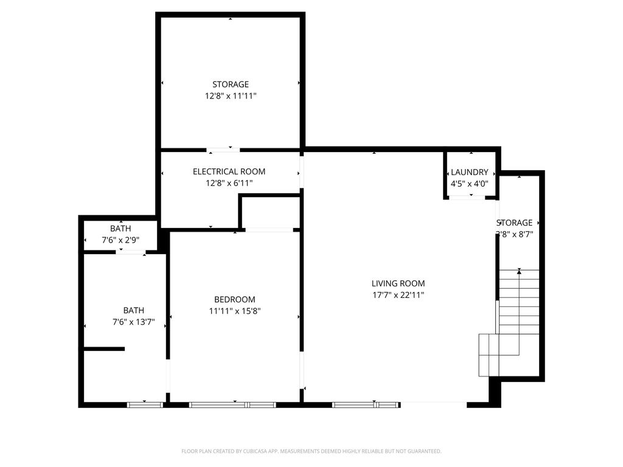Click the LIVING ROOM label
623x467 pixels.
(x=398, y=283)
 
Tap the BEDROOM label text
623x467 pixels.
(x=234, y=299)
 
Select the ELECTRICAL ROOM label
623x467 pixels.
(x=229, y=171)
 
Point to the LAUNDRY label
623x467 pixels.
(x=469, y=172)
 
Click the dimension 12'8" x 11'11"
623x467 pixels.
(x=231, y=95)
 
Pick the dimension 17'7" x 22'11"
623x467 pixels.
(x=398, y=295)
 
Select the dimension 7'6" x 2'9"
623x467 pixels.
(x=120, y=240)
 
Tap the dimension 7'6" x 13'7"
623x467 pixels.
(x=133, y=322)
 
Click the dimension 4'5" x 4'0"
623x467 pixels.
(x=469, y=183)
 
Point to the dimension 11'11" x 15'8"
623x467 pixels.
(x=234, y=311)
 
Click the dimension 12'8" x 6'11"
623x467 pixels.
(x=229, y=182)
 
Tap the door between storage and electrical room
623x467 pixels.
(x=223, y=149)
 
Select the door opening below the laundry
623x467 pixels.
(x=467, y=197)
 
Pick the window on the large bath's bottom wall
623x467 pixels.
(x=145, y=404)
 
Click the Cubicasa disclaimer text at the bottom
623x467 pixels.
(x=311, y=451)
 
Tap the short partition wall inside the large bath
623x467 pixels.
(x=104, y=348)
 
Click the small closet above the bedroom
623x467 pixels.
(x=271, y=212)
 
